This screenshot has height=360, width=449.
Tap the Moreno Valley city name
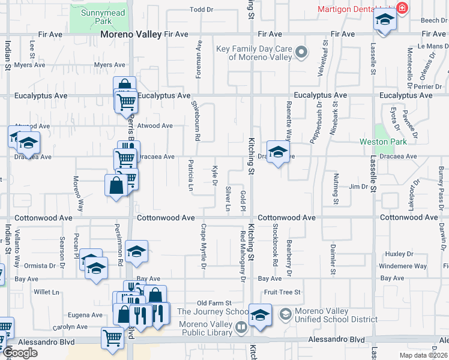[131, 34]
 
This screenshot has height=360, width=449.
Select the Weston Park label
[383, 142]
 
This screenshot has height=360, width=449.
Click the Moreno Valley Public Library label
[205, 328]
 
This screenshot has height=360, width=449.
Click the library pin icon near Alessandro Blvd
[241, 328]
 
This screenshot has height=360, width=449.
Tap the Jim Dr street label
[358, 187]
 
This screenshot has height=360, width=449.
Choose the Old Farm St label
[214, 303]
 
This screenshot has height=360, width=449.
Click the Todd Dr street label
[202, 10]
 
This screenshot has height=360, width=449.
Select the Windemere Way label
[403, 266]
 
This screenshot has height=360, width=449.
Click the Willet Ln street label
[47, 292]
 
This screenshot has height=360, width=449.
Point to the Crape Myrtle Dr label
[204, 246]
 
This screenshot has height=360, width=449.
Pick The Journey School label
[212, 311]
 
